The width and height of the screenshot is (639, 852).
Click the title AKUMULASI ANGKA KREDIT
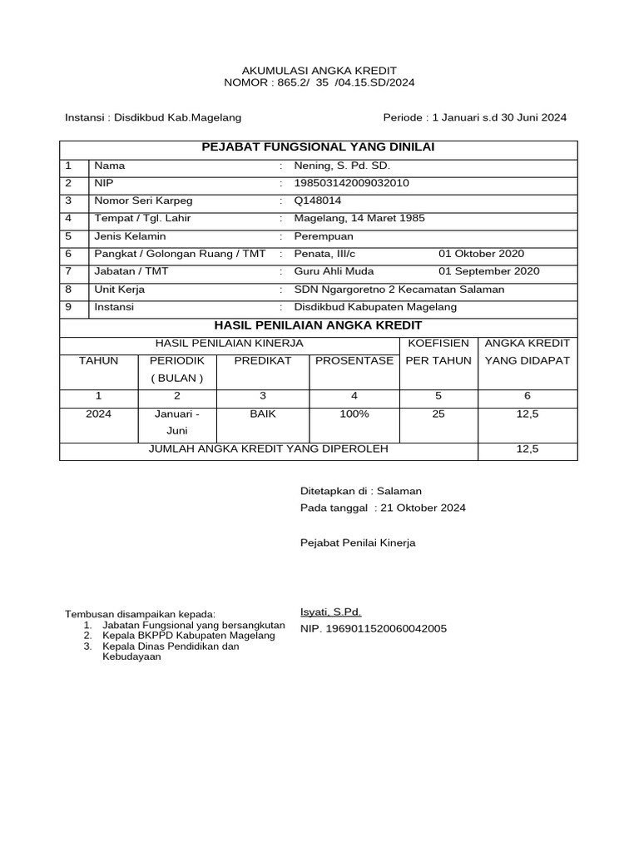319,70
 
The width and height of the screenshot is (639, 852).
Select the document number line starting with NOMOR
319,83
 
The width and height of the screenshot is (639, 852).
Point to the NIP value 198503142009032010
351,183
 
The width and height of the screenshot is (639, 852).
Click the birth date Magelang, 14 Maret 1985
359,218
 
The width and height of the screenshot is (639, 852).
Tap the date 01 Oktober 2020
481,254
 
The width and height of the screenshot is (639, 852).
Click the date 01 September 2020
488,271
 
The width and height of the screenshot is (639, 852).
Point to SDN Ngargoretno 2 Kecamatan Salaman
399,290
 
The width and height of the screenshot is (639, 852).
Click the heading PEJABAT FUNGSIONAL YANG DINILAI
319,147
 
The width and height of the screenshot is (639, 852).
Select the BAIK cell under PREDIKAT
262,414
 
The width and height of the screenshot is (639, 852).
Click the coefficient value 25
438,414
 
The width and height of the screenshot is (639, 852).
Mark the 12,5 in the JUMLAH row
528,449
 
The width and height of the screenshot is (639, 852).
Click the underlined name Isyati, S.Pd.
330,612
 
